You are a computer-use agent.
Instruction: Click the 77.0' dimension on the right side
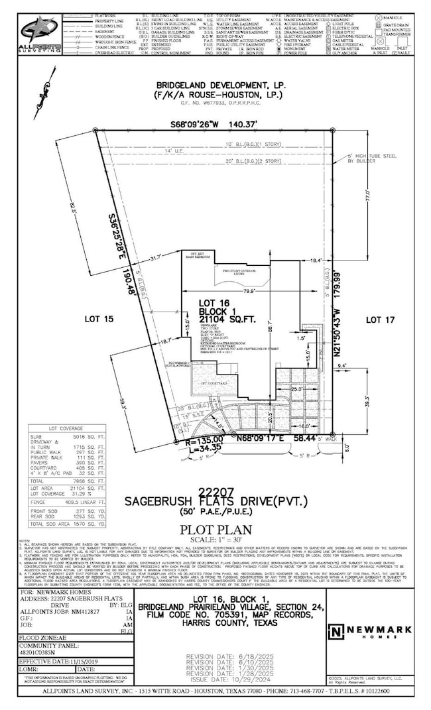(x=363, y=198)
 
